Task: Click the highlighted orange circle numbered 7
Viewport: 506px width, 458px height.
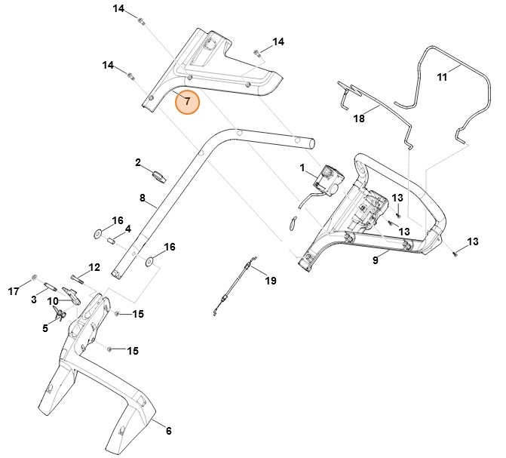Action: pyautogui.click(x=188, y=100)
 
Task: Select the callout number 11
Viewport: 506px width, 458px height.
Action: pyautogui.click(x=443, y=77)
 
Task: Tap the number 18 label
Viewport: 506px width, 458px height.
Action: pyautogui.click(x=358, y=118)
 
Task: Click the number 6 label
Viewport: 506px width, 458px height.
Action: pyautogui.click(x=168, y=431)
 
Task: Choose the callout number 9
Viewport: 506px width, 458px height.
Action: pyautogui.click(x=375, y=260)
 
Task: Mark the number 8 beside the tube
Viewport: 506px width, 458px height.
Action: pyautogui.click(x=142, y=198)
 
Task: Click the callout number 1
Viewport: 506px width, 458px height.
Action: pyautogui.click(x=302, y=168)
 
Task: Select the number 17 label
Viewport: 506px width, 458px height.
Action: pyautogui.click(x=14, y=290)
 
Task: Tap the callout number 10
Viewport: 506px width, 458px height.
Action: pyautogui.click(x=54, y=301)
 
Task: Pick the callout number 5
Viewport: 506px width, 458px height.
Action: pyautogui.click(x=44, y=328)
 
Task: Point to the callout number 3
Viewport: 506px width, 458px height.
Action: pyautogui.click(x=34, y=300)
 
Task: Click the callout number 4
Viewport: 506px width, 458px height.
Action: pyautogui.click(x=127, y=229)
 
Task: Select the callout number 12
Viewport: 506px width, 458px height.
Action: pyautogui.click(x=94, y=267)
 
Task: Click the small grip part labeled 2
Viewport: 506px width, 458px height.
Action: pyautogui.click(x=160, y=177)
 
